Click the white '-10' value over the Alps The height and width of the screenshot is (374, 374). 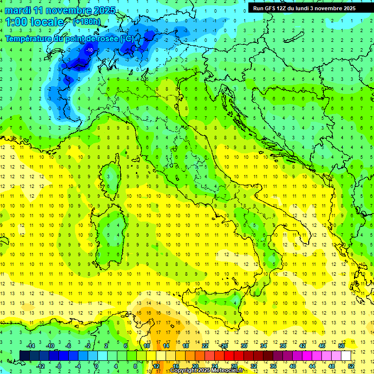click(90, 50)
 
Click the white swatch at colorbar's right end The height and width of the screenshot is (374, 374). click(346, 355)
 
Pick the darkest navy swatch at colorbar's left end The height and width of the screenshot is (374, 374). click(25, 355)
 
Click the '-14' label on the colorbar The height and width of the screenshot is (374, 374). click(30, 346)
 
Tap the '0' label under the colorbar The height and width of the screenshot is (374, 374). click(96, 366)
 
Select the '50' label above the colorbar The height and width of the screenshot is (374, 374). click(341, 346)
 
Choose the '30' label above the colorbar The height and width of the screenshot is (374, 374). click(244, 346)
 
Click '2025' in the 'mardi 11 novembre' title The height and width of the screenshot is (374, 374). click(105, 10)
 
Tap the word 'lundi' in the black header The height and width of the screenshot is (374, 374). click(303, 8)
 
